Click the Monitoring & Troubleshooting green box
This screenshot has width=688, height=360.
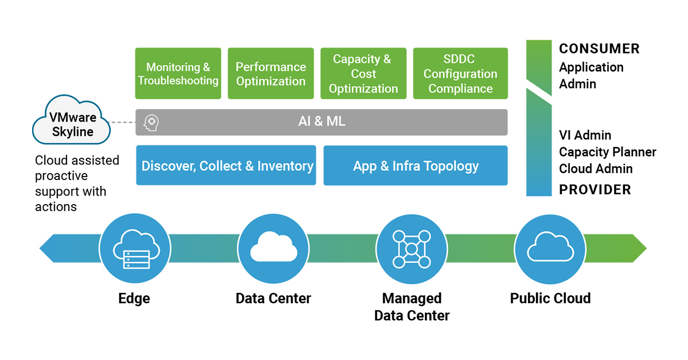coord(178,73)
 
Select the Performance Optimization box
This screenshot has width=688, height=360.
coord(271,73)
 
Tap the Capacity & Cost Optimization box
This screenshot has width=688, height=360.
coord(363,73)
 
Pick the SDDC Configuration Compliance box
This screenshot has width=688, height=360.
coord(460,73)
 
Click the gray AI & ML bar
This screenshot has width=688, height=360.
coord(322,122)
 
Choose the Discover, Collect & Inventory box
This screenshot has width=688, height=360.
coord(226,166)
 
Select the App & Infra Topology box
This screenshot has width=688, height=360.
coord(416,166)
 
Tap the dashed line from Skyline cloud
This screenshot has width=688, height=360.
coord(122,122)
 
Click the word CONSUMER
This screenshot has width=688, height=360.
coord(599,49)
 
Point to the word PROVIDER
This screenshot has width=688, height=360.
coord(595,190)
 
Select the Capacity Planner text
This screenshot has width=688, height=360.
coord(608,152)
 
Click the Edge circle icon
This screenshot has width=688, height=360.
coord(135,249)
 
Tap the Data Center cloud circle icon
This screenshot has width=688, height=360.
coord(273,249)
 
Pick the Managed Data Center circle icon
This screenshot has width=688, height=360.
coord(412,249)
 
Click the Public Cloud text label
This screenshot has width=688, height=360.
coord(550,298)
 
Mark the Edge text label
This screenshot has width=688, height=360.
coord(134,298)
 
